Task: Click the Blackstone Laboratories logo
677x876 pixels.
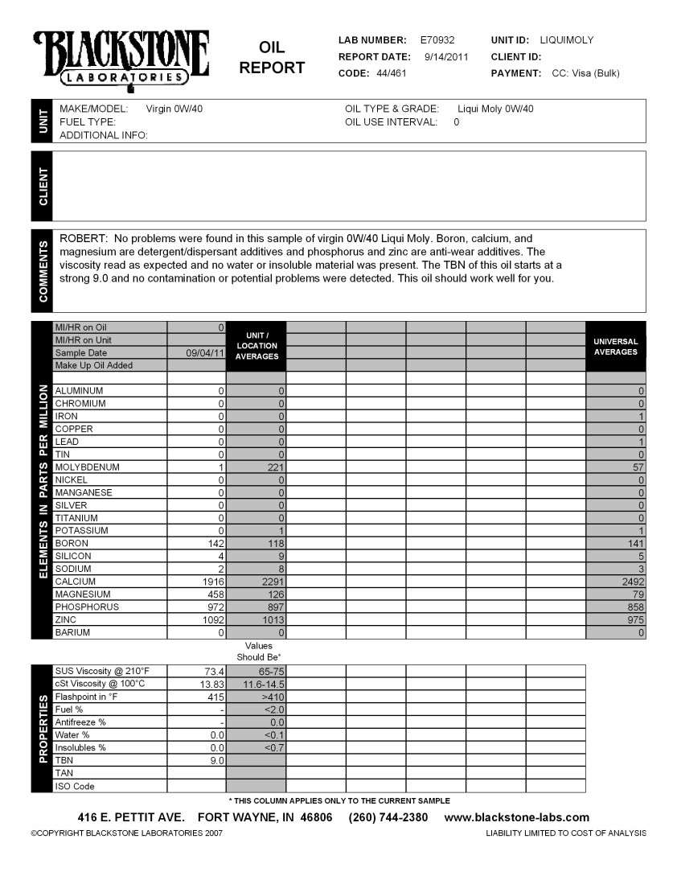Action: (x=121, y=58)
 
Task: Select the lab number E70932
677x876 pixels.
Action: (x=437, y=39)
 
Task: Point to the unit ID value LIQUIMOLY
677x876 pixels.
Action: (x=567, y=39)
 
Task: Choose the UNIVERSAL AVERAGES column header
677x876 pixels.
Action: (x=615, y=346)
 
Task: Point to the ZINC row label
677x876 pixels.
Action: (x=65, y=619)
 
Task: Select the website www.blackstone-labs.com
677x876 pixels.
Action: (x=517, y=817)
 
